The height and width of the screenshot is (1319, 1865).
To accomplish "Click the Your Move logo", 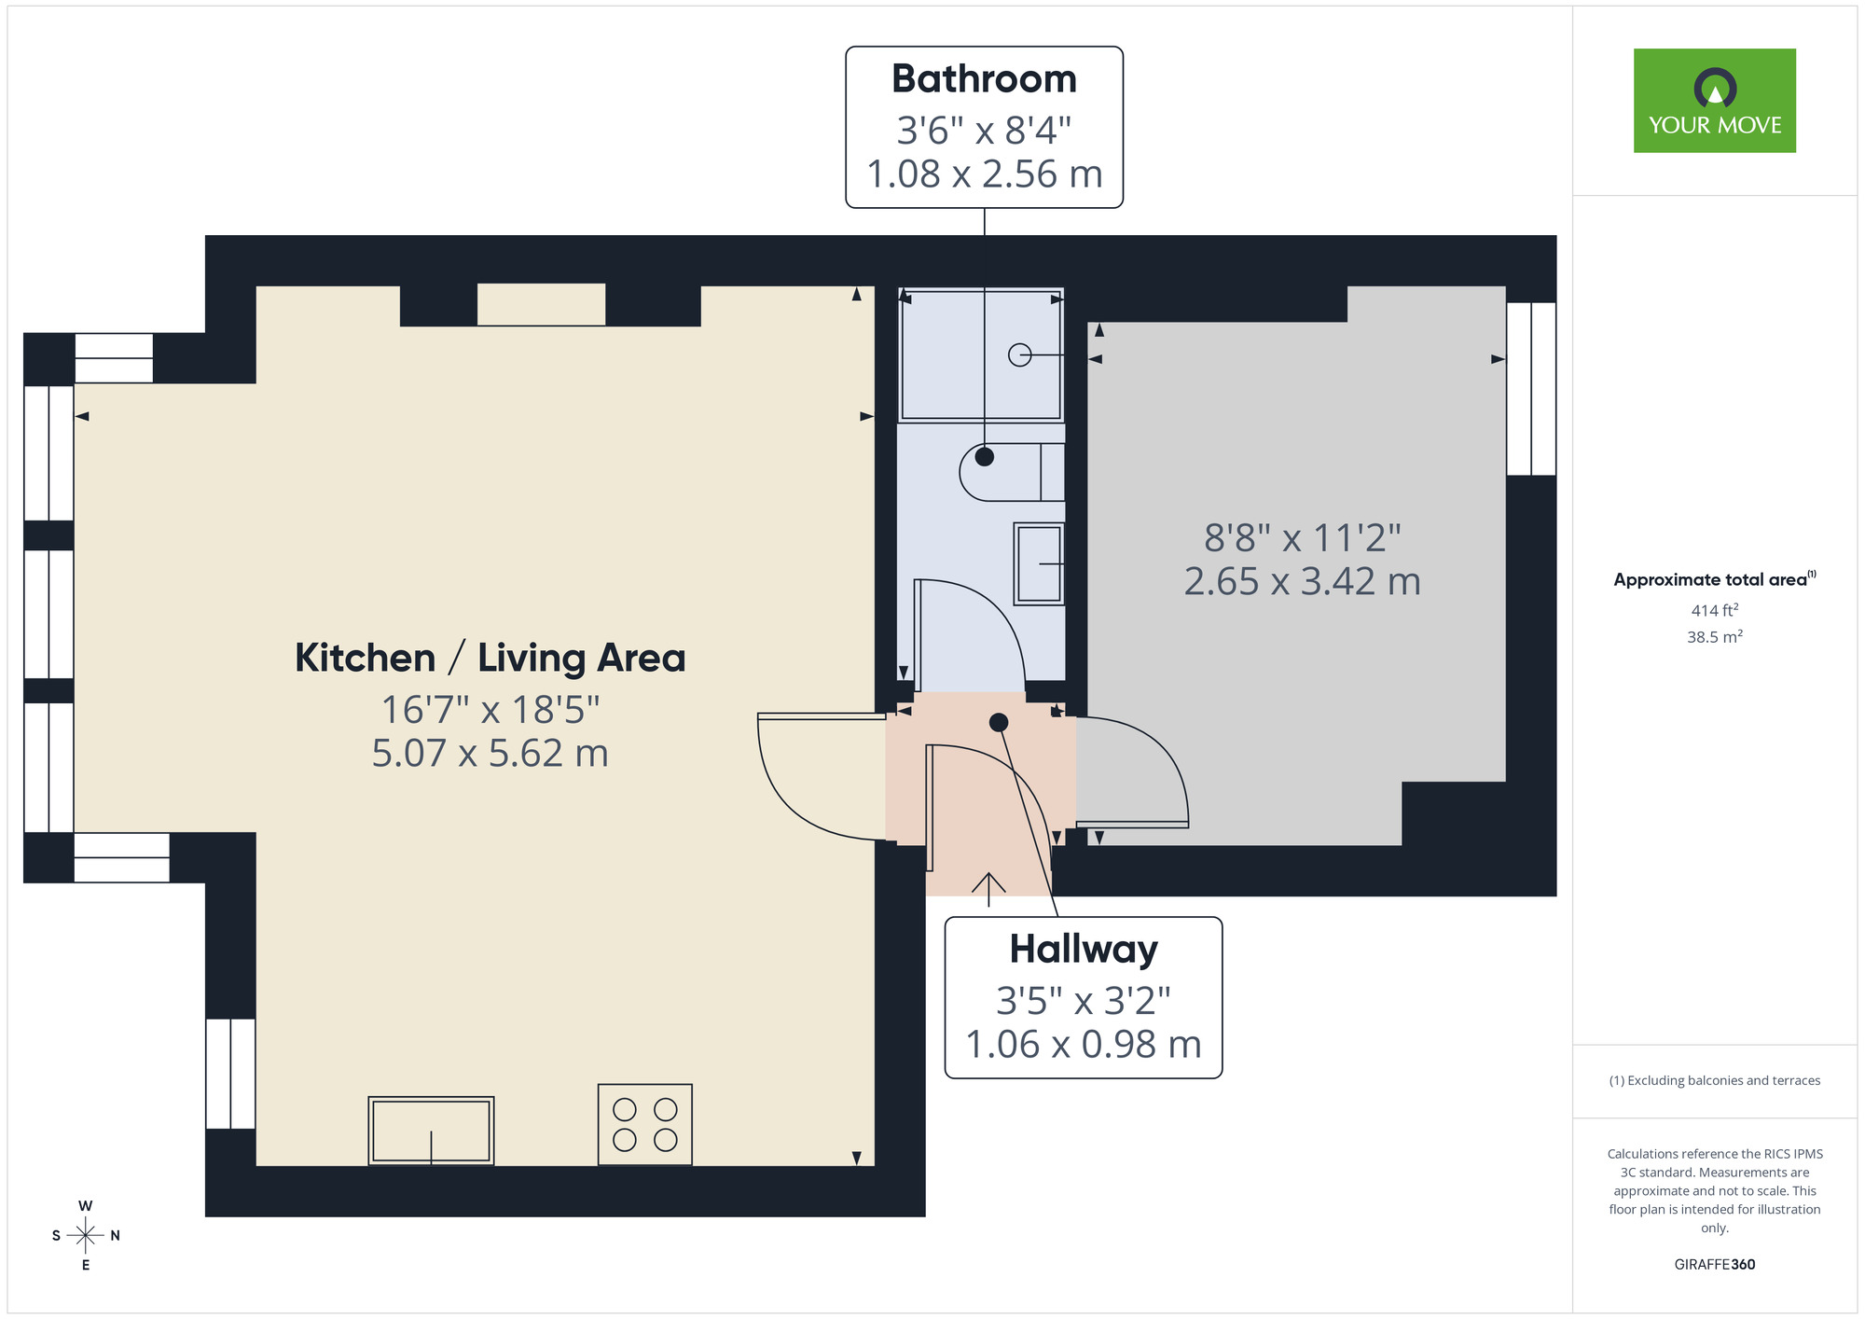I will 1714,101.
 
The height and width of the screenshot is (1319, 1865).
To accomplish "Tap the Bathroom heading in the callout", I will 984,79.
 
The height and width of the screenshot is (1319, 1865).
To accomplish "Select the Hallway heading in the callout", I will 1084,950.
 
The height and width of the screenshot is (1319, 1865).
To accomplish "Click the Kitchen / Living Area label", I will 490,658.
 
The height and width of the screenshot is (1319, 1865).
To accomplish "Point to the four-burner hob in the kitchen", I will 644,1124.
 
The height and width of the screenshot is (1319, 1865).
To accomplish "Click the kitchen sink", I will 431,1131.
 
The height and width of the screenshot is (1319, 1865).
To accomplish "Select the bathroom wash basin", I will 1039,563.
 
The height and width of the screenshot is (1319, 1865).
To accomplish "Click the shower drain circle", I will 1019,355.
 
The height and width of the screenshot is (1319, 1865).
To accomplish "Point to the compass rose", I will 85,1235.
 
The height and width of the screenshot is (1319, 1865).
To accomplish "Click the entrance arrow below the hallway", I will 988,888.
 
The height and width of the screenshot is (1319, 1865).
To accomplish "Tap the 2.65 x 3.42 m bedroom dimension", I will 1302,582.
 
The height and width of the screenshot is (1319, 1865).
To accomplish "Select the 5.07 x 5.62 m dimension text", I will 490,754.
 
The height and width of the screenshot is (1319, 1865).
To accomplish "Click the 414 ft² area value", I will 1714,610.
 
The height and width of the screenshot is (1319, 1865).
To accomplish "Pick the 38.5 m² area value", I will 1714,637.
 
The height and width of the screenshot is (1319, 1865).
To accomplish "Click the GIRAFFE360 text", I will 1714,1265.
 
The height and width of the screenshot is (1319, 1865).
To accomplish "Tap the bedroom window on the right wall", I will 1531,389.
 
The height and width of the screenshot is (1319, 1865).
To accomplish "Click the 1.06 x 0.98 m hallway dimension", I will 1084,1045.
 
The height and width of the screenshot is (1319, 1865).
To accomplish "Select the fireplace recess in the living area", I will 541,305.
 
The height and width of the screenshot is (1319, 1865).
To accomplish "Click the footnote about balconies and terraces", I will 1714,1080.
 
